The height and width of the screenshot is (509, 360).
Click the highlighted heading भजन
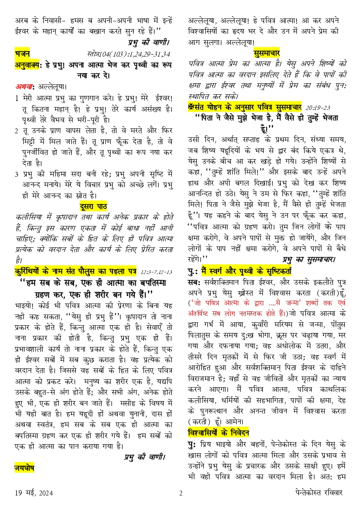22,54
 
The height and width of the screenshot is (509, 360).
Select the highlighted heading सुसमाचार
267,53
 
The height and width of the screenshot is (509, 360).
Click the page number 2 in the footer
180,493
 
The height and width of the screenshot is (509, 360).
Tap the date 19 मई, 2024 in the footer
33,493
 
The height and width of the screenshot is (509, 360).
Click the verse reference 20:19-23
318,107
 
